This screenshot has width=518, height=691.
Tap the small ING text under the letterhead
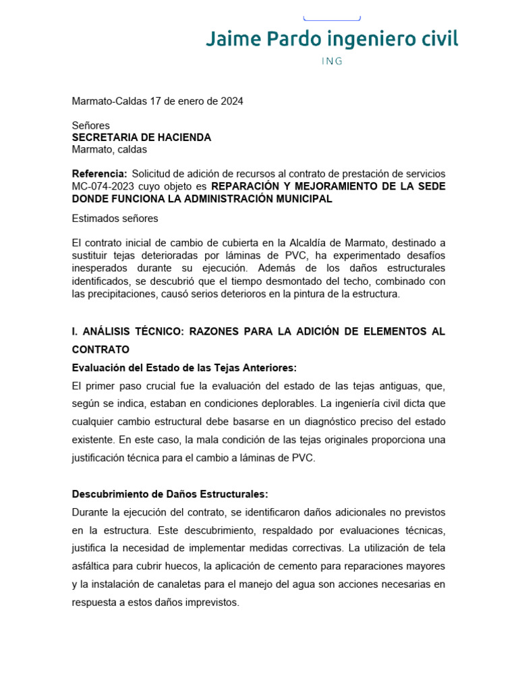[x=332, y=61]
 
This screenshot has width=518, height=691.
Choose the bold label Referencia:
[x=99, y=174]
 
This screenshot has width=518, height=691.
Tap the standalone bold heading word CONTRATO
[x=100, y=350]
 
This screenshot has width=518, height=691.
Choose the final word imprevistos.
[x=208, y=602]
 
